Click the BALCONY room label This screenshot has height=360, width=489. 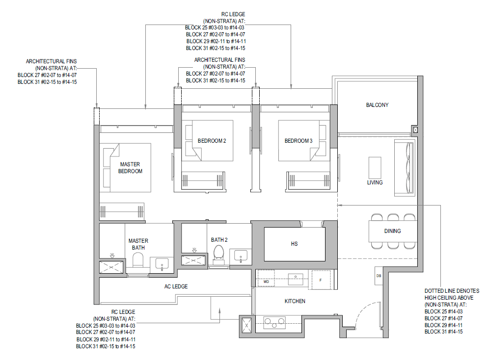click(x=377, y=105)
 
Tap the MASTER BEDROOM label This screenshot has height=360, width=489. click(x=130, y=168)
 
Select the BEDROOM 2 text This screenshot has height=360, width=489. click(x=212, y=141)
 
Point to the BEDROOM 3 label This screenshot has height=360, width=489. click(x=298, y=141)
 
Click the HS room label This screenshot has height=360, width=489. click(x=294, y=244)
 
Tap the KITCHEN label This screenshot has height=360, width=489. click(x=295, y=301)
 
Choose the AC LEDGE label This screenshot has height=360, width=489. click(x=176, y=286)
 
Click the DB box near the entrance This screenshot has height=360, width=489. click(x=379, y=276)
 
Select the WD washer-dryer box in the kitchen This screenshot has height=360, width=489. click(x=266, y=278)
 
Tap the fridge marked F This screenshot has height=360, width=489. click(x=321, y=279)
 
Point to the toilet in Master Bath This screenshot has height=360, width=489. click(x=138, y=260)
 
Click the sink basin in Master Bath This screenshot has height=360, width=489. click(x=162, y=264)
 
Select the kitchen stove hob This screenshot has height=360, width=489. click(x=274, y=322)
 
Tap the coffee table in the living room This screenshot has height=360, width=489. click(x=375, y=168)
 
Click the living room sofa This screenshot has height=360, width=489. click(x=405, y=168)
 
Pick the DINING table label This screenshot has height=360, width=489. click(x=392, y=231)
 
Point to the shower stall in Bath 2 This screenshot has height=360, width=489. click(x=193, y=260)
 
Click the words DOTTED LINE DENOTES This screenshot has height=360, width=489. click(x=452, y=291)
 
